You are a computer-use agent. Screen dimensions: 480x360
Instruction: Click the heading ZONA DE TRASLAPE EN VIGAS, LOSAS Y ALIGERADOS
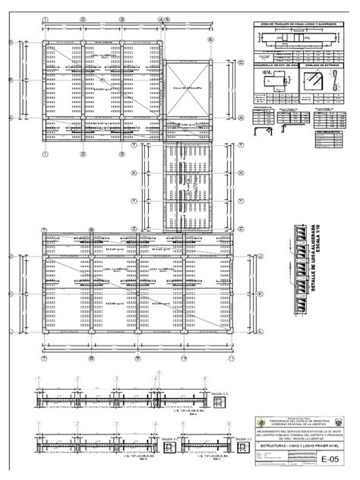pos(300,25)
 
